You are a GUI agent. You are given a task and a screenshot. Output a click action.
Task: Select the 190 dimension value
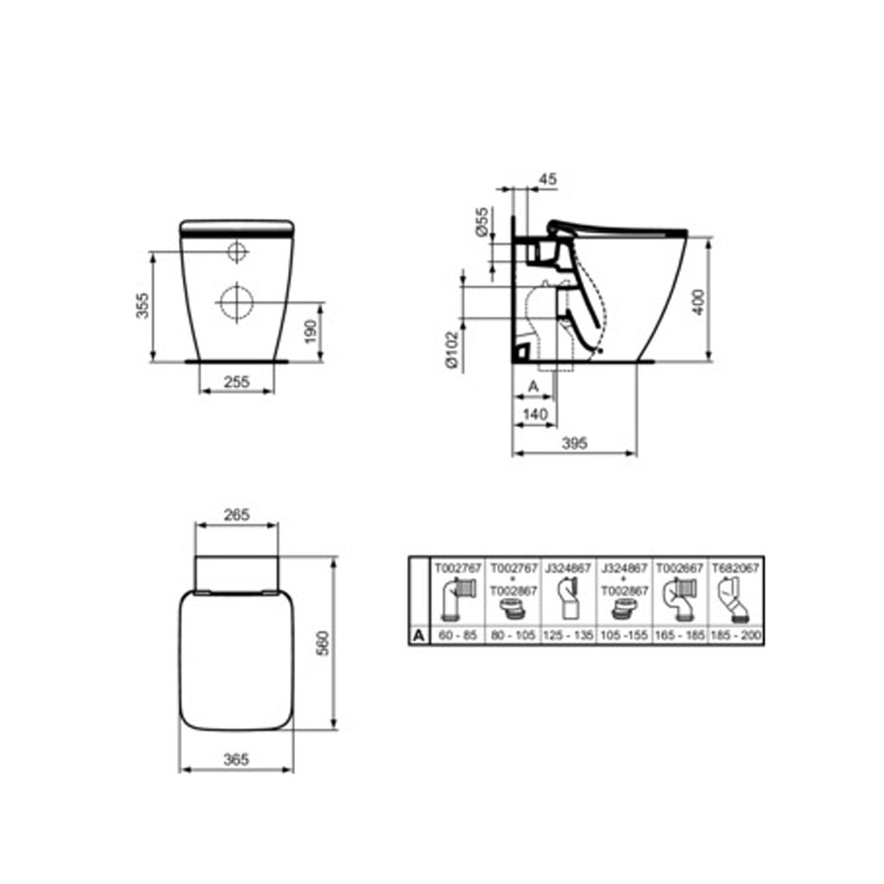tap(312, 330)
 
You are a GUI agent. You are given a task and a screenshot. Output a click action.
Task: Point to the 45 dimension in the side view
tap(546, 180)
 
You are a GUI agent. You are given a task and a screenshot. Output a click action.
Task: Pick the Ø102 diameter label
tap(451, 351)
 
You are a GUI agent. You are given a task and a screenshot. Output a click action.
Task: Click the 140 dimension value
tap(535, 414)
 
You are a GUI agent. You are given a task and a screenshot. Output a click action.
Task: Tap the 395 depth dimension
tap(574, 442)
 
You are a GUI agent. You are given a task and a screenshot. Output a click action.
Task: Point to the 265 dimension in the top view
tap(236, 515)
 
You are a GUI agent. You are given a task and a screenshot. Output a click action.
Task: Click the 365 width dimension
tap(236, 760)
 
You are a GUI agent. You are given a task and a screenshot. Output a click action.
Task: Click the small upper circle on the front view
tap(236, 252)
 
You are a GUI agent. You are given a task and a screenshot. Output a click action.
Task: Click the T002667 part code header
tap(682, 569)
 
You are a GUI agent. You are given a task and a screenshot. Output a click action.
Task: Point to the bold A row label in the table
tap(419, 635)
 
